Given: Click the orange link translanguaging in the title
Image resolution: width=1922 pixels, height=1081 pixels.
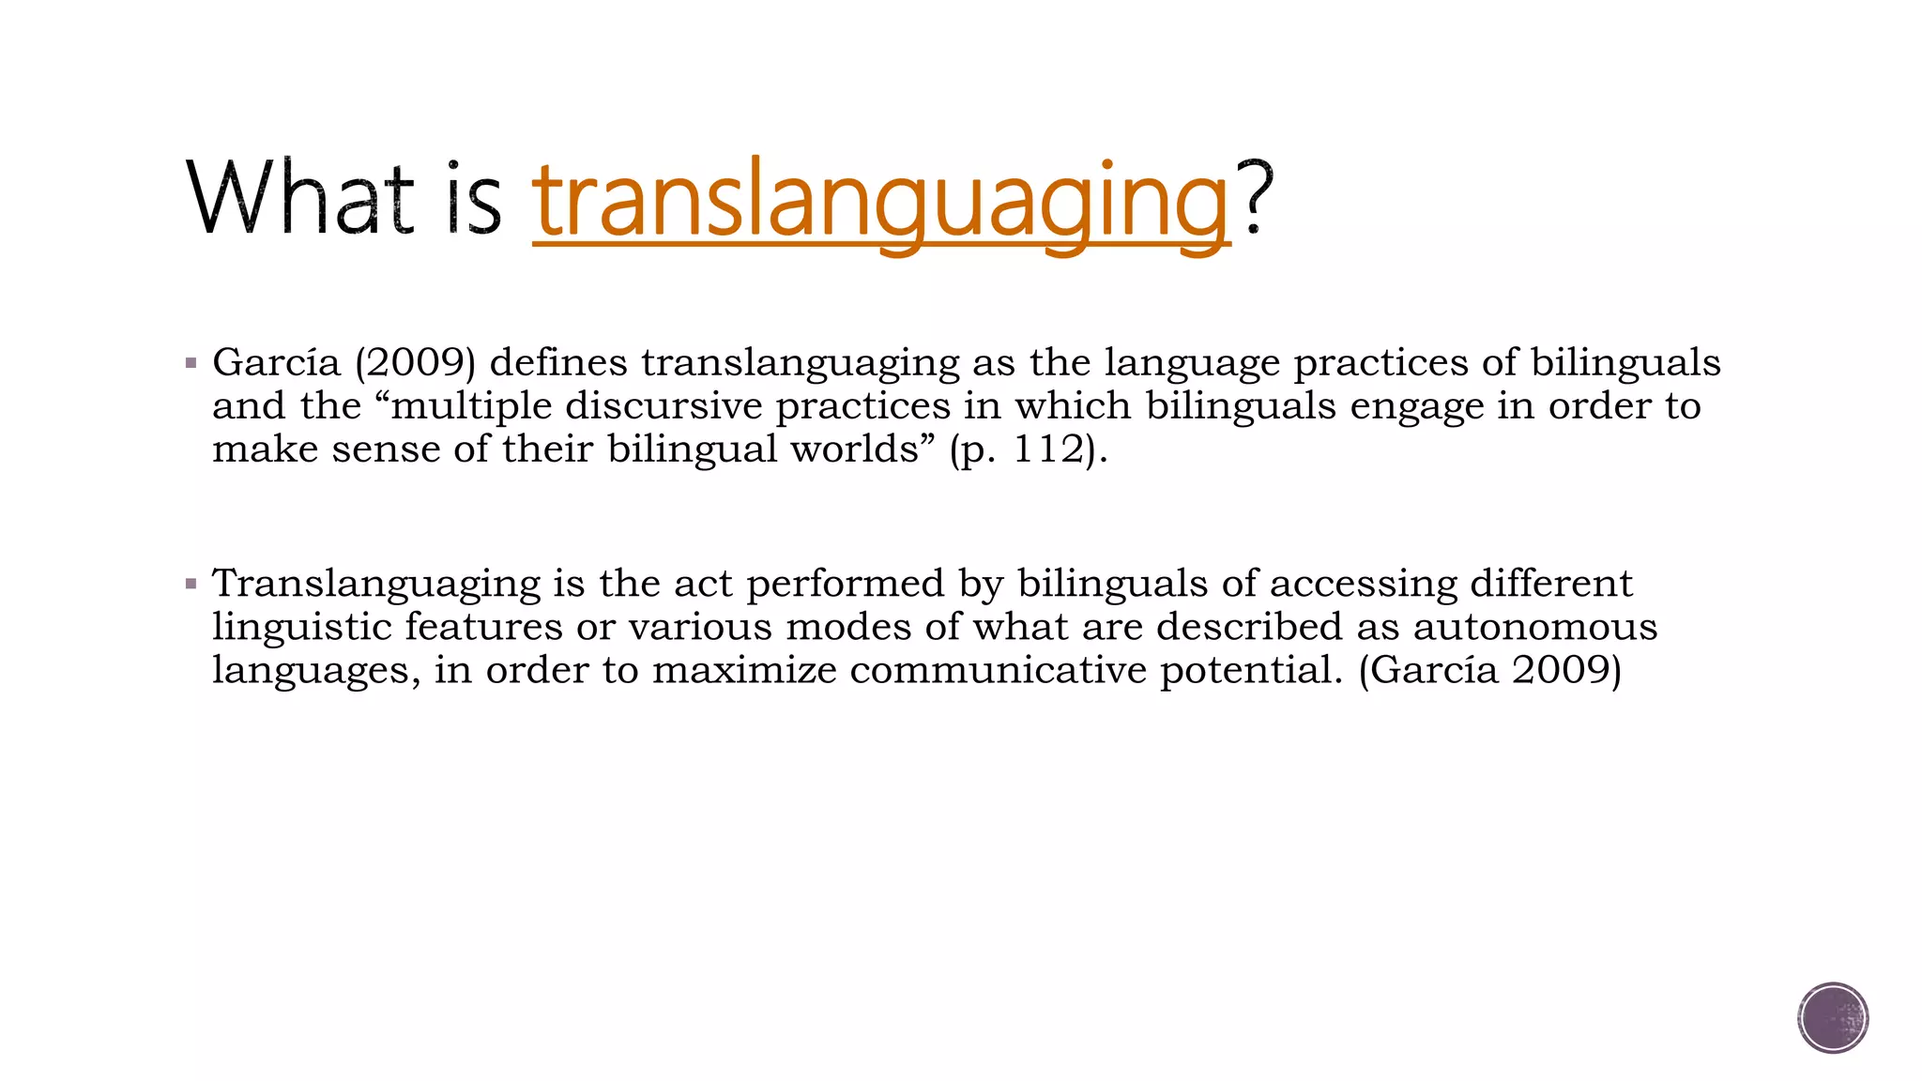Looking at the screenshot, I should click(x=880, y=201).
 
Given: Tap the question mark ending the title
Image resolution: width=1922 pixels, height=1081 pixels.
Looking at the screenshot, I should click(x=1255, y=197).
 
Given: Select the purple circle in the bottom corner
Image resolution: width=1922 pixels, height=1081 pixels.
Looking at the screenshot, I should click(x=1833, y=1018).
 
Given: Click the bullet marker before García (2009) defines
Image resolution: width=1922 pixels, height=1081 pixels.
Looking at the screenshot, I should click(x=191, y=363).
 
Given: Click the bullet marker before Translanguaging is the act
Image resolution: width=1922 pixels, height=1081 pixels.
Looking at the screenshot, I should click(x=191, y=585).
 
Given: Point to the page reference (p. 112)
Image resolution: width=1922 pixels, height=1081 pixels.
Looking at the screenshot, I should click(x=1029, y=449).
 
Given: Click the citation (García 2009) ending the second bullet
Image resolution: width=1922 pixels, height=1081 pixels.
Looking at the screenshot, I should click(x=1489, y=670).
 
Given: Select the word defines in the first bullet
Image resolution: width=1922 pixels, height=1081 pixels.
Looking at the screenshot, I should click(x=558, y=362).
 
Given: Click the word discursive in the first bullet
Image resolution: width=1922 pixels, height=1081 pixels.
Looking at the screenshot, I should click(x=664, y=405).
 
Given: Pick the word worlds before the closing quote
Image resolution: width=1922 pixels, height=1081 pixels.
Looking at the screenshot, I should click(x=854, y=449).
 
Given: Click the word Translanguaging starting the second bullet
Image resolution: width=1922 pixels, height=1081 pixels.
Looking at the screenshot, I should click(x=376, y=585).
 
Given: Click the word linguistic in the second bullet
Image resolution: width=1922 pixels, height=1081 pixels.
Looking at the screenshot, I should click(x=301, y=627).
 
